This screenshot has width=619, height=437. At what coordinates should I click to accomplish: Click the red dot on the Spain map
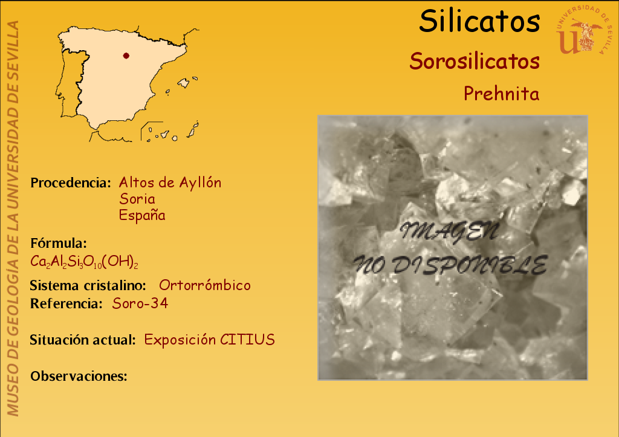click(x=126, y=56)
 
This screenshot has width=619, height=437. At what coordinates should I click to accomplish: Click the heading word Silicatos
click(x=479, y=21)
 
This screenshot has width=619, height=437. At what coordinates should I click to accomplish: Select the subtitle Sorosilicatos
click(x=475, y=61)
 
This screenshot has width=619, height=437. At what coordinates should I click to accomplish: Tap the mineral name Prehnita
click(x=501, y=94)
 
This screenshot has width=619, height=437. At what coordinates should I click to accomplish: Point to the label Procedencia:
click(x=71, y=183)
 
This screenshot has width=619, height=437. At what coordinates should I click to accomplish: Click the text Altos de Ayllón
click(x=170, y=183)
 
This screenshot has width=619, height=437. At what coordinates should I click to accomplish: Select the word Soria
click(x=137, y=199)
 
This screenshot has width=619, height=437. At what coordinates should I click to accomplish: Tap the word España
click(x=142, y=215)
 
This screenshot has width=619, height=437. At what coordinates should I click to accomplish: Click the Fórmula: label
click(x=59, y=243)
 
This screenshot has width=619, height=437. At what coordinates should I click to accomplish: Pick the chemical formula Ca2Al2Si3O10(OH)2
click(x=84, y=262)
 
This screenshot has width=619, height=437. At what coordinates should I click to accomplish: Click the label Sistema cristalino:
click(x=88, y=285)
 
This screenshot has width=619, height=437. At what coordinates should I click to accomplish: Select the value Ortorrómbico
click(x=205, y=285)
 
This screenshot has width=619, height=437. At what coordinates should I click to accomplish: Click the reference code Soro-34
click(x=140, y=303)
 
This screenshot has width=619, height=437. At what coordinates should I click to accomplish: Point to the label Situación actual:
click(x=83, y=340)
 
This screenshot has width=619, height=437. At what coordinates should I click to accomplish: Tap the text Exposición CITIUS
click(x=210, y=340)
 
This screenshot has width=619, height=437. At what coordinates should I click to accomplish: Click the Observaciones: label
click(x=79, y=376)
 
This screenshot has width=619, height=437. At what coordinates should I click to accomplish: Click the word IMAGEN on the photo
click(x=450, y=231)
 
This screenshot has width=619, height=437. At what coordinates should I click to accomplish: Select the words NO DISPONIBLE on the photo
click(x=450, y=264)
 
